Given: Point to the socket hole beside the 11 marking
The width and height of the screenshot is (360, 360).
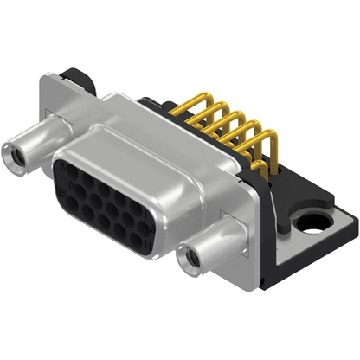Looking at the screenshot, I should coord(138,240).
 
